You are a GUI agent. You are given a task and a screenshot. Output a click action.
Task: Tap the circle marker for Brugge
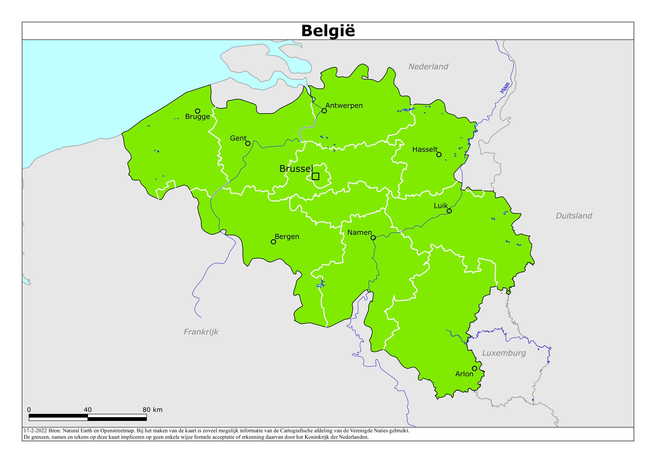click(197, 111)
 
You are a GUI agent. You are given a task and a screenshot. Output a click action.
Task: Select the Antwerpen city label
click(344, 106)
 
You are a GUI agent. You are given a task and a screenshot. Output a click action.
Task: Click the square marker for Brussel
click(315, 176)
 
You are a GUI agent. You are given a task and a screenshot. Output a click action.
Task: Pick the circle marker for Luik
click(449, 211)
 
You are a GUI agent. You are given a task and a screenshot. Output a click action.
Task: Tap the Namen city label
click(359, 233)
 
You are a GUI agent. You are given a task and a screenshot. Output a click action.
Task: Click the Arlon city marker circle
click(474, 368)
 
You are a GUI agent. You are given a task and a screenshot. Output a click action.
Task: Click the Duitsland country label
click(574, 216)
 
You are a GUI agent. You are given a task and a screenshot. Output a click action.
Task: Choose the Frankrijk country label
click(201, 332)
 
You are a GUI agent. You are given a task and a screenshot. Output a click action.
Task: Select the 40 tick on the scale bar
click(88, 410)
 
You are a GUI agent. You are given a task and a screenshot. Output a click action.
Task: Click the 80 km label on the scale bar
click(153, 410)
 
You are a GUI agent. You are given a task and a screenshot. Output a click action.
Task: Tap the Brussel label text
click(296, 169)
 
